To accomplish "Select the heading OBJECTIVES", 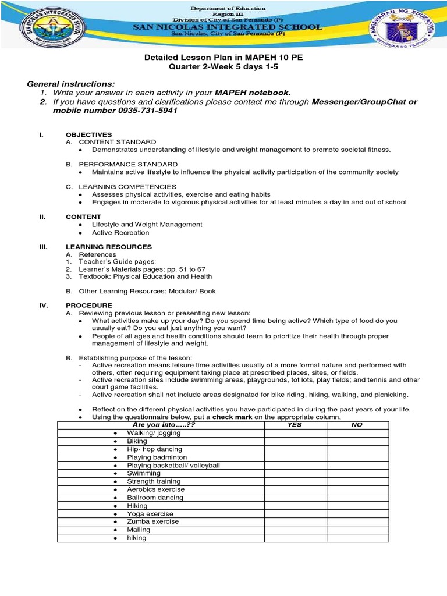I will tap(88, 134).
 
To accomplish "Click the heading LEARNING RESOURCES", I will tap(108, 247).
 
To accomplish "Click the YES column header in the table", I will tap(295, 425).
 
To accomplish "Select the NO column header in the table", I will tap(357, 425).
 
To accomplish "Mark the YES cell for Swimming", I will tap(295, 474).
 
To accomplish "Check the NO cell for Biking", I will tap(357, 441).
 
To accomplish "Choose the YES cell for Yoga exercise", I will tap(295, 514).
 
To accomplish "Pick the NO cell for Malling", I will tap(357, 530).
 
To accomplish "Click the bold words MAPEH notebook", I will tap(252, 93).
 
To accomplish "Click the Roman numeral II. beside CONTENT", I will tap(42, 216).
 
